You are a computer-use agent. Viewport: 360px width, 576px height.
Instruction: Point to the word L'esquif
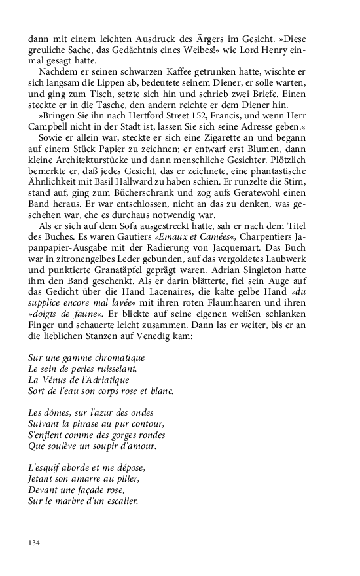point(45,469)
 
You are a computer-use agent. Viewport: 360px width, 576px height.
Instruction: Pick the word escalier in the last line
point(125,500)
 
